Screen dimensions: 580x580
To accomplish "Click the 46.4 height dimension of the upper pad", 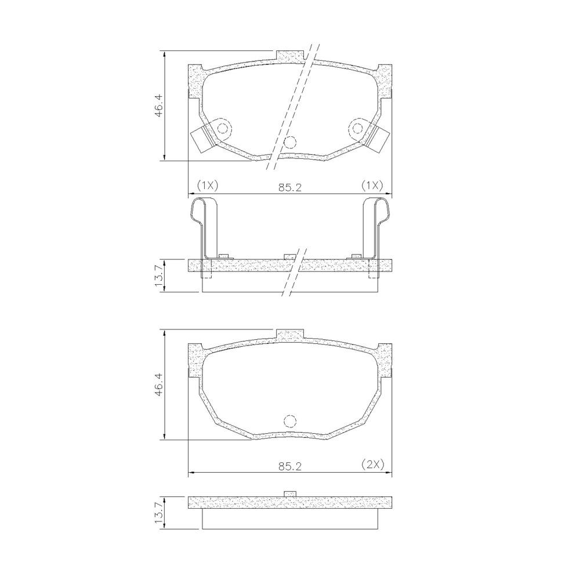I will point(158,104).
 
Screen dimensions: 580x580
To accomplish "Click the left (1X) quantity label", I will point(207,185).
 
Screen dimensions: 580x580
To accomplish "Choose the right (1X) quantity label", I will point(372,185).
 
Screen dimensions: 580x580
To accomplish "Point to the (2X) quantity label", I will point(372,464).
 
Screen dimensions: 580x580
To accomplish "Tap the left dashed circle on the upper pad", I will point(223,128).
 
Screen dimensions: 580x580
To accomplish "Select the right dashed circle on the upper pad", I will point(357,128).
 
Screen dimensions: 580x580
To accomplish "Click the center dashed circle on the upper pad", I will point(290,142).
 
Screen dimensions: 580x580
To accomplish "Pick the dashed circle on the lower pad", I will point(290,422).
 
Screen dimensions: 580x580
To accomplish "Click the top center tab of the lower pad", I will point(291,335).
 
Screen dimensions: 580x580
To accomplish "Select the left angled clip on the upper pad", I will point(202,139).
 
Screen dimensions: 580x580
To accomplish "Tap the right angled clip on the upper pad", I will point(379,139).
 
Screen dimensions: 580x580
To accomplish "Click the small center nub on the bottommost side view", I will point(291,494).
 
